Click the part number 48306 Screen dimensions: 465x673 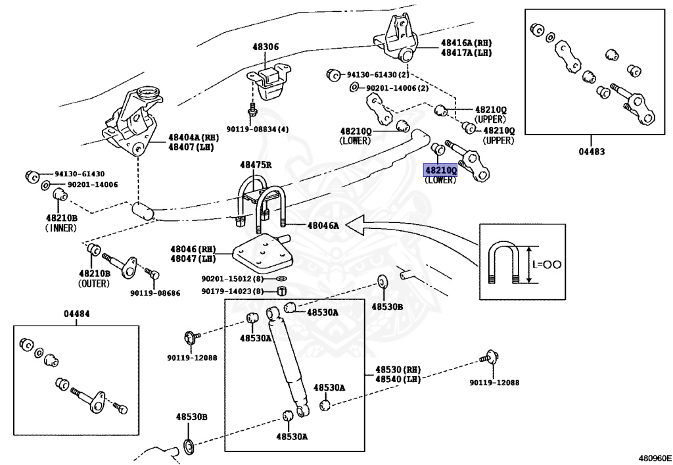[x=265, y=47]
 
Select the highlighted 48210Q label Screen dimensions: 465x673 [x=440, y=170]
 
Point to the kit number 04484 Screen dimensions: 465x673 [x=76, y=314]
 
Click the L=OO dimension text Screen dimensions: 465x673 [x=546, y=264]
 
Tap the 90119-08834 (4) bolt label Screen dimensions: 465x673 [x=257, y=130]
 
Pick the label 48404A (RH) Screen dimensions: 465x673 [x=191, y=137]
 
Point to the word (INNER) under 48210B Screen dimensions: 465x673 [x=61, y=228]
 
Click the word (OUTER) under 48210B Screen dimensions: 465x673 [x=94, y=283]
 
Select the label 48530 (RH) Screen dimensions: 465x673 [x=397, y=370]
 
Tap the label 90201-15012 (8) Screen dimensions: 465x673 [x=232, y=279]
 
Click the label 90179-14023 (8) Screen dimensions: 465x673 [x=232, y=291]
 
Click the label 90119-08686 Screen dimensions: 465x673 [x=154, y=293]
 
